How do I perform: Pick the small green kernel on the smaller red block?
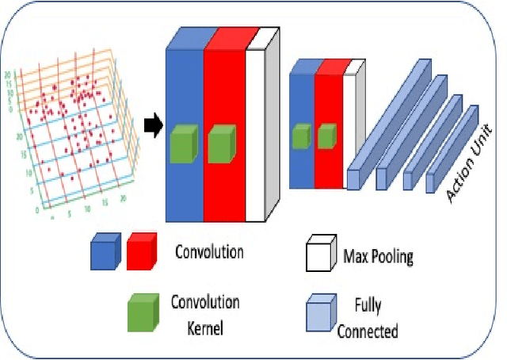click(326, 137)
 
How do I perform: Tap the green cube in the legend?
click(141, 311)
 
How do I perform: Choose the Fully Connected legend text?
click(368, 316)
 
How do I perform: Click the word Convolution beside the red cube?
click(208, 253)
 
